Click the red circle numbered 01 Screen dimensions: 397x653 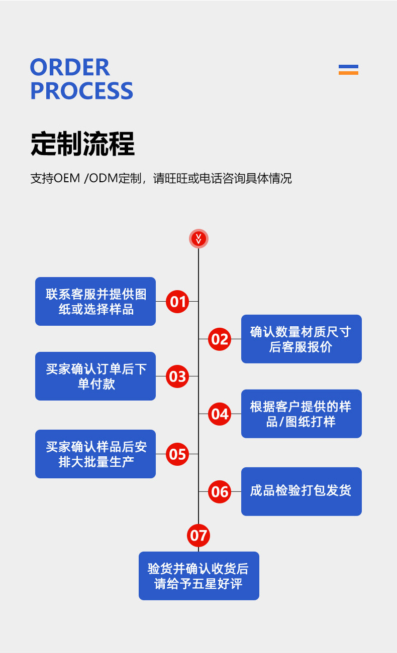(177, 301)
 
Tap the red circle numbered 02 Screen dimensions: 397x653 (220, 339)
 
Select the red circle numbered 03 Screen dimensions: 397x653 (177, 376)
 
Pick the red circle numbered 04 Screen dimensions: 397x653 (220, 414)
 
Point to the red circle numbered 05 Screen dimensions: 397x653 (177, 454)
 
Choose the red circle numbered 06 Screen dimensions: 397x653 (220, 491)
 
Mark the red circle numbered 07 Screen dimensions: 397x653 (198, 535)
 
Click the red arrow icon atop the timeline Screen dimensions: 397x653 (198, 238)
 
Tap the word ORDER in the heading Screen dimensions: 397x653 (70, 67)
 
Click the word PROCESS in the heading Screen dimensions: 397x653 (81, 91)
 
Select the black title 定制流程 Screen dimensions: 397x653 (82, 144)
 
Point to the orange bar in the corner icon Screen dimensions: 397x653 (348, 73)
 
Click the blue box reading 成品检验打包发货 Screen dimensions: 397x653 (301, 491)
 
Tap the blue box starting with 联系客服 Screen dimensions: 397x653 (95, 301)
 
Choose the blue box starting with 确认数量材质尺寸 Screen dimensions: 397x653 (301, 339)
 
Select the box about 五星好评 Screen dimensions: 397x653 (198, 576)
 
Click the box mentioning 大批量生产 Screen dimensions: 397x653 (95, 454)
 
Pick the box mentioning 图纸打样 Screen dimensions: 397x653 (301, 414)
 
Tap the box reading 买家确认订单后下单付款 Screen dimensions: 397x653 (95, 376)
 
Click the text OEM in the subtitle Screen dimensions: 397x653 (67, 178)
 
